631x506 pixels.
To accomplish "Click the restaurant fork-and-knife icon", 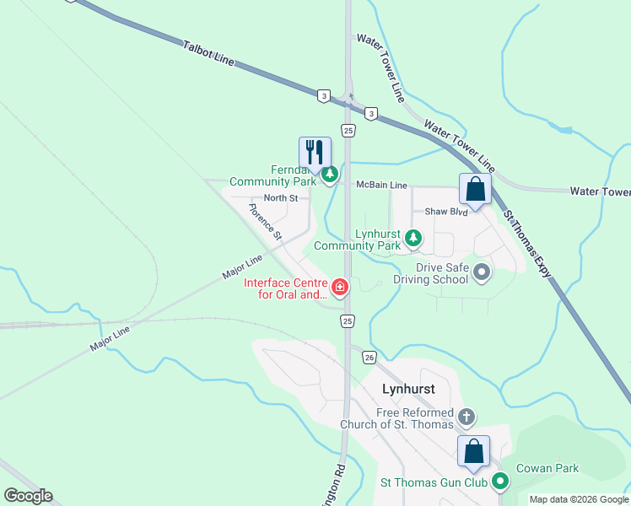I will tap(315, 153).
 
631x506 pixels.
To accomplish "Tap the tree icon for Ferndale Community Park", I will tap(330, 175).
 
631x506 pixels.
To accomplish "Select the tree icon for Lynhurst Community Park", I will tap(413, 239).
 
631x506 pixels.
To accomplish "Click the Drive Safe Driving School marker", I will tap(482, 272).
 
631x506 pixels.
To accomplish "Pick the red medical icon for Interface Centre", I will tap(340, 288).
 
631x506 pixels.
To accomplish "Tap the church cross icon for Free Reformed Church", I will tap(466, 417).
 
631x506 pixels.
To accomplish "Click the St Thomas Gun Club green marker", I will tap(500, 482).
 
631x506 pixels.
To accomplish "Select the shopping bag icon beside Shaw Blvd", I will tap(476, 189).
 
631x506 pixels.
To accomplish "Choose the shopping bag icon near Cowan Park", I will tap(474, 450).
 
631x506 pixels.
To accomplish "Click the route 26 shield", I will tap(369, 358).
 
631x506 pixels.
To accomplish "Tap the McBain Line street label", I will tap(381, 185).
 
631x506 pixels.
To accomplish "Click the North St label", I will tap(281, 198).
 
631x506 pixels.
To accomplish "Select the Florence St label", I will tap(264, 221).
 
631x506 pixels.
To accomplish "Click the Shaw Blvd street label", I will tap(445, 212).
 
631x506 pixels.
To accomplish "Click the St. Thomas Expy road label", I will tap(527, 244).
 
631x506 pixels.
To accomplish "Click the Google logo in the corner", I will tap(28, 496).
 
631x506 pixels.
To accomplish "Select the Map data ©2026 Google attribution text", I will tap(579, 499).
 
